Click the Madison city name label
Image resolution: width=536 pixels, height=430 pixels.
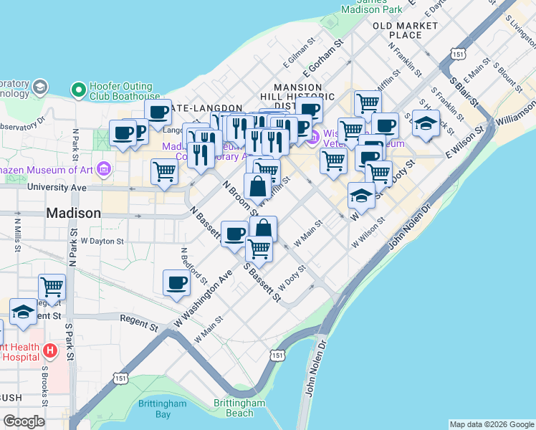pos(74,213)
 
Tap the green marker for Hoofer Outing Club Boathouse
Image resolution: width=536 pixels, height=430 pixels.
pos(78,90)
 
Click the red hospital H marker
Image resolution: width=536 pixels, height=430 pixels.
pos(49,350)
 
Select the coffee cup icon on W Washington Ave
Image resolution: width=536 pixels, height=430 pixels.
pos(176,282)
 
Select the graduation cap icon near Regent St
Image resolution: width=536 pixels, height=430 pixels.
pos(23,312)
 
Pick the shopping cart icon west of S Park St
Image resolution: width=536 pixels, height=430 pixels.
pos(52,287)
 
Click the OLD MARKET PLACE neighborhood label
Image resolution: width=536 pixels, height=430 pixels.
pos(406,30)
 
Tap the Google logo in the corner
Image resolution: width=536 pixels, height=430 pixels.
pos(24,421)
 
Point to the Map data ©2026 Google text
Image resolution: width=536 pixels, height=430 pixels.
pos(491,424)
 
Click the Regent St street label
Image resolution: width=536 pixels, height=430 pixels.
pos(138,322)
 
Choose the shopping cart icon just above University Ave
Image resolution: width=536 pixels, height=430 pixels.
pos(164,172)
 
